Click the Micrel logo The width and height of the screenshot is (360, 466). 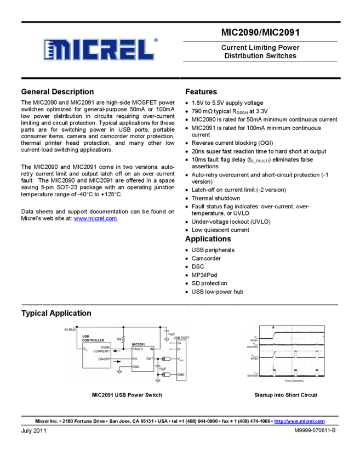pos(99,49)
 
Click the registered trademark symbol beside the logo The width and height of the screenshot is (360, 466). pos(156,40)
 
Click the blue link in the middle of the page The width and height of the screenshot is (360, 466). pos(95,218)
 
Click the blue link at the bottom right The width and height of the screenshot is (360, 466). pos(299,421)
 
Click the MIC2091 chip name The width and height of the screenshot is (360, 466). pos(141,344)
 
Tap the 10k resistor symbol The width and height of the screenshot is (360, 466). pos(124,340)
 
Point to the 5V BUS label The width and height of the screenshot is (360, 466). pos(70,329)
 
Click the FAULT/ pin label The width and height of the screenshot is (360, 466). pos(138,349)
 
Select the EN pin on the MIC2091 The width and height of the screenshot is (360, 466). pos(135,359)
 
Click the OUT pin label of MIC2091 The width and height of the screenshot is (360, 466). pos(150,359)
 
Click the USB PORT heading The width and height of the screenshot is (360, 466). pos(181,338)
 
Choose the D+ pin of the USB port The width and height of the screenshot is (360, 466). pos(179,343)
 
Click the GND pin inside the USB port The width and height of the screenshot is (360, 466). pos(180,374)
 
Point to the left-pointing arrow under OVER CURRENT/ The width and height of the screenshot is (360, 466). pos(116,351)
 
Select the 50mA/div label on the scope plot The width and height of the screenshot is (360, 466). pos(253,376)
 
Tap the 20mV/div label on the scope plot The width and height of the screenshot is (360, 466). pos(253,347)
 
